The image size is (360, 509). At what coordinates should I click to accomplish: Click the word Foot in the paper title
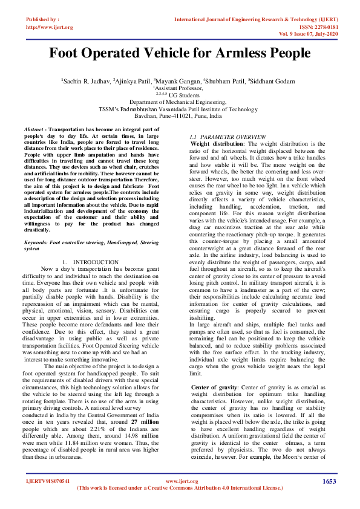pos(67,53)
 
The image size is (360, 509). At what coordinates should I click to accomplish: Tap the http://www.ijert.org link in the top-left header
pos(50,27)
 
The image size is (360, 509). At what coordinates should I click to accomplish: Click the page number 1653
pos(329,481)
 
